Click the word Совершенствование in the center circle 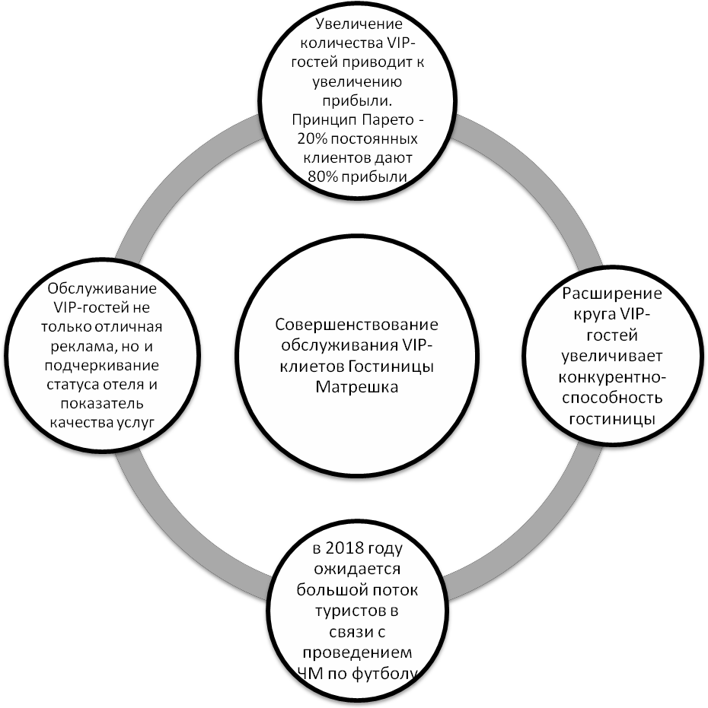(x=356, y=325)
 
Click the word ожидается (x=356, y=570)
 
